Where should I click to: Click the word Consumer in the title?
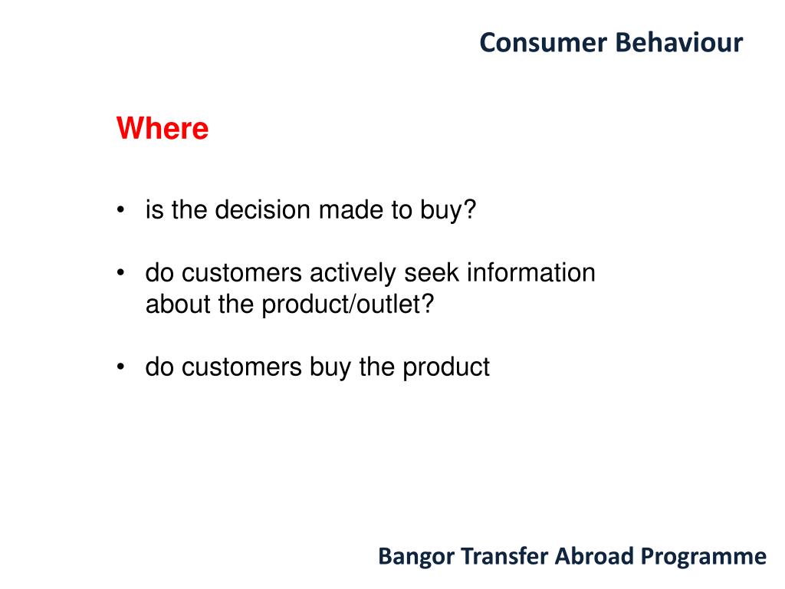544,43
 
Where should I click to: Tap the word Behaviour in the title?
679,43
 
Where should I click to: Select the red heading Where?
163,128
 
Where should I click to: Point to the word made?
351,209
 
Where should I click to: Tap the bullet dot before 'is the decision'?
120,209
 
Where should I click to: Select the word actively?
353,274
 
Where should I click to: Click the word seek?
432,273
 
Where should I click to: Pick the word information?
531,273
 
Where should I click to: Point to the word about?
178,304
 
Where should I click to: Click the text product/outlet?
347,305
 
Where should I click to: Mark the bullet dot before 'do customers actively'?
120,273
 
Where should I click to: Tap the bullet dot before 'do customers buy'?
120,367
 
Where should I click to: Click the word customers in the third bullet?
241,367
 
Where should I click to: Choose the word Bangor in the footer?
416,557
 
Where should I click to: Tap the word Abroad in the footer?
594,556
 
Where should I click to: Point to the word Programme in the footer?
704,557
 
